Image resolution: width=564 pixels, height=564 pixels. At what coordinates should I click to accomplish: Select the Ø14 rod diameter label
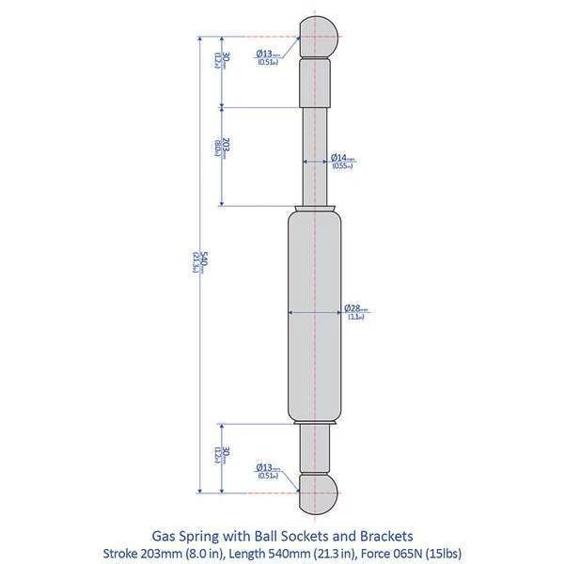(x=342, y=158)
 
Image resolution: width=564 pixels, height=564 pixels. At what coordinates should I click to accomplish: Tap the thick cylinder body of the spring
(x=314, y=320)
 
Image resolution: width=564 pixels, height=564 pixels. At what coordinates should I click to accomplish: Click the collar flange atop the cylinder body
(x=316, y=208)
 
